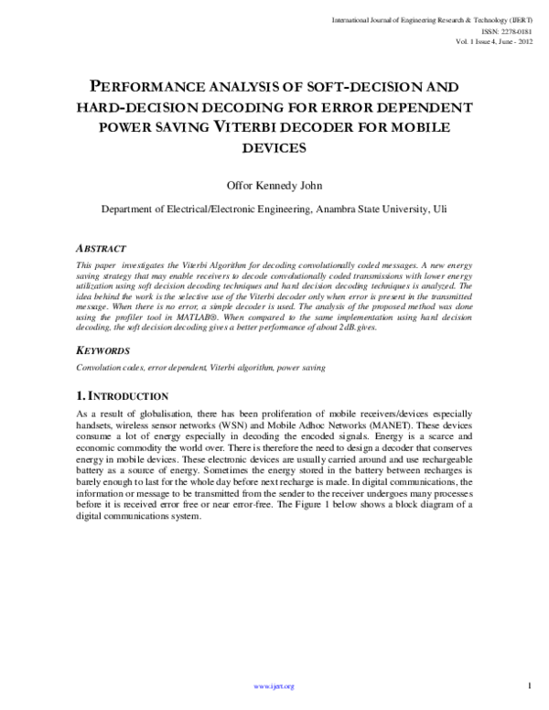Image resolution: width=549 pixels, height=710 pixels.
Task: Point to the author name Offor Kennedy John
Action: [274, 183]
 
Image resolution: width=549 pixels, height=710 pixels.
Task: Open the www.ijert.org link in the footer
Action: [274, 685]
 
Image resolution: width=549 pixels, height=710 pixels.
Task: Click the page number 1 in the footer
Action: [531, 684]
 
